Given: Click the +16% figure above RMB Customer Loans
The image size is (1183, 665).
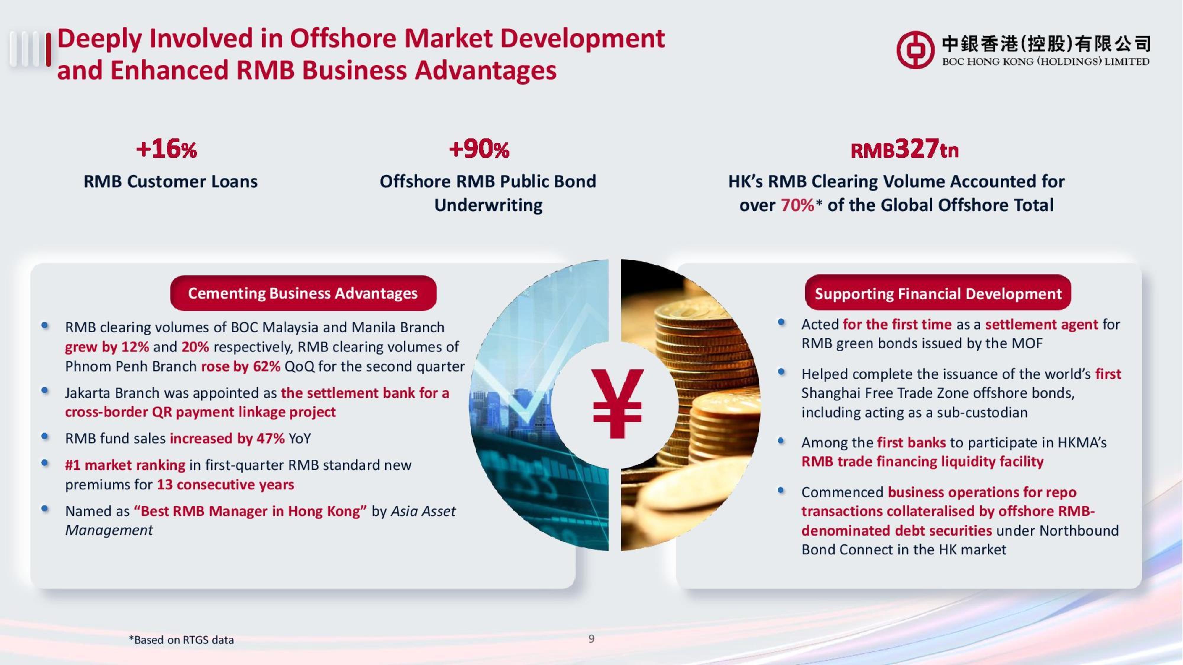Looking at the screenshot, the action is point(166,149).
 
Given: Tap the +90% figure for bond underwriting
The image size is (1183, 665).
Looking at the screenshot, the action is point(479,149).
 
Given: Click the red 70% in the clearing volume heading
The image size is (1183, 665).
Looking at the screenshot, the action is point(798,205).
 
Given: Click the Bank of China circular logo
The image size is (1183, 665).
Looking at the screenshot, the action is point(915,50).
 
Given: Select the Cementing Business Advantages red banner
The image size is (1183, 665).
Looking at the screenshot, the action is point(303,293).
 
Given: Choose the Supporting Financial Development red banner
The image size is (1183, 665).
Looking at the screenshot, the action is point(938,293).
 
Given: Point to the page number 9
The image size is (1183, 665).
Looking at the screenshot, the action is point(591,638).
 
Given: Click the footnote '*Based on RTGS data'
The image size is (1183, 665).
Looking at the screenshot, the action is point(181,640).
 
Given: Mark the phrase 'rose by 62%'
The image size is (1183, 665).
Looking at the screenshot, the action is point(241,366).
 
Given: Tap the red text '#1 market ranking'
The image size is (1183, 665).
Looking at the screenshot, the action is point(125,465).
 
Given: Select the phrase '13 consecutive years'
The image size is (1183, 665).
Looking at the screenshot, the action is point(225,485).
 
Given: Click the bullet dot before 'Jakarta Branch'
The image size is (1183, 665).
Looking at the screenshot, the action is point(45,390).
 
